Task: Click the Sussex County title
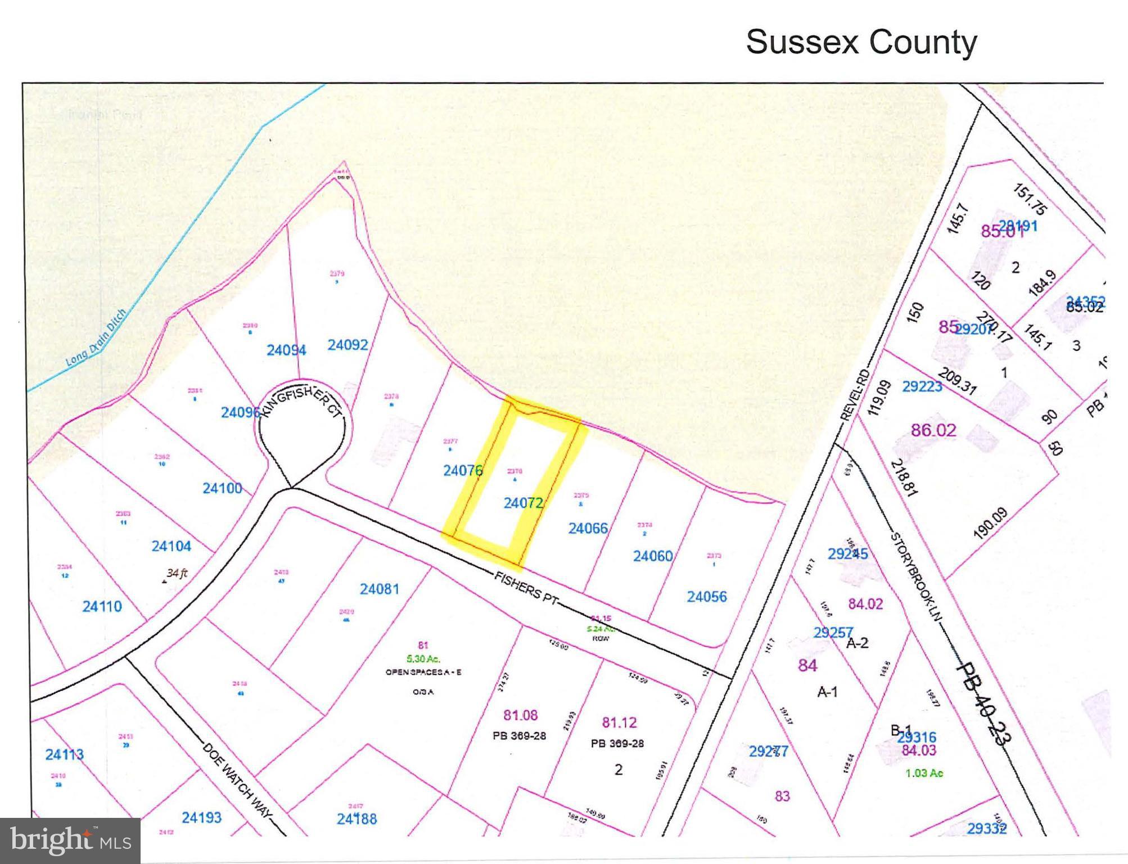click(861, 42)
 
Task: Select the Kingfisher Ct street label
click(301, 400)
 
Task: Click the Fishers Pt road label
click(526, 588)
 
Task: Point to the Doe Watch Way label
click(237, 782)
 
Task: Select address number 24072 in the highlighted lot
click(523, 503)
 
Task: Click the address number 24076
click(462, 470)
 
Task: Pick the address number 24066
click(588, 528)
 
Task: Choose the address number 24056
click(706, 597)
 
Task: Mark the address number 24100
click(222, 488)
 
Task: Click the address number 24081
click(380, 589)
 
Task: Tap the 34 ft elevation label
click(177, 573)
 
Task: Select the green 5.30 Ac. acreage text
click(423, 659)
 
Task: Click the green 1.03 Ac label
click(924, 773)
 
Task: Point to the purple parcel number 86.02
click(933, 430)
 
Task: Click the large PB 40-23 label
click(981, 703)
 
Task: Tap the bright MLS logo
click(70, 840)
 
